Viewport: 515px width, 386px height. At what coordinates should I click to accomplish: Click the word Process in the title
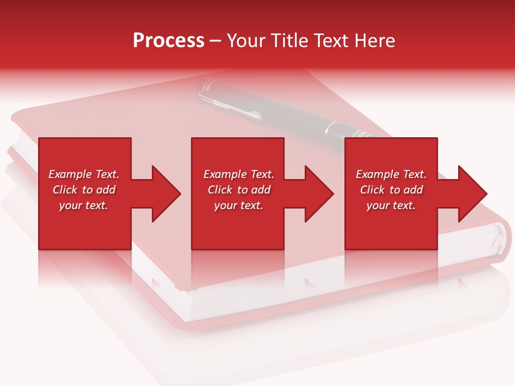[168, 41]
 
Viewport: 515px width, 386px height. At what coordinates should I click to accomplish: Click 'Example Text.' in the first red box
[84, 174]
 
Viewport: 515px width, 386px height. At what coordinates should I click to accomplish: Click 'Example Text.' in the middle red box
[239, 174]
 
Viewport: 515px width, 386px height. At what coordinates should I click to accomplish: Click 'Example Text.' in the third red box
[391, 174]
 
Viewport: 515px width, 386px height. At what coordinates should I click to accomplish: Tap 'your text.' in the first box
[84, 205]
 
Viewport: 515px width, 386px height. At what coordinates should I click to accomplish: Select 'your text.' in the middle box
[239, 205]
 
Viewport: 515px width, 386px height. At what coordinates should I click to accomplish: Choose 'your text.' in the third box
[391, 205]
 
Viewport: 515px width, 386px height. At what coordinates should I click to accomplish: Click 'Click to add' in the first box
[84, 190]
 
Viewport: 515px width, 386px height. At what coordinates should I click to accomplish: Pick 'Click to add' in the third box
[391, 190]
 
